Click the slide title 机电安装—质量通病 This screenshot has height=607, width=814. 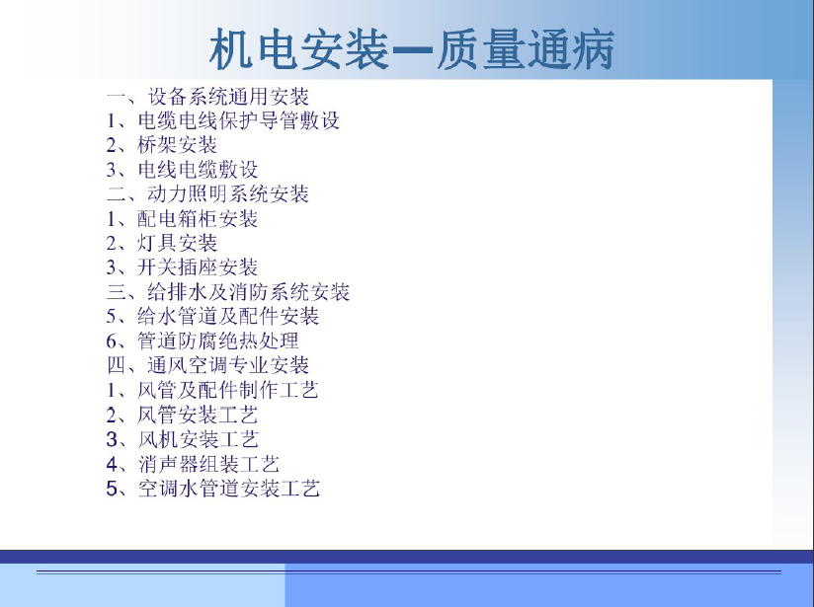pyautogui.click(x=412, y=49)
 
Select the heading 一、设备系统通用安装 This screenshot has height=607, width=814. pyautogui.click(x=207, y=97)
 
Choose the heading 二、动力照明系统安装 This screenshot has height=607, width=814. pyautogui.click(x=207, y=194)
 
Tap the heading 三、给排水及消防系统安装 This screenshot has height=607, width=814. pyautogui.click(x=228, y=292)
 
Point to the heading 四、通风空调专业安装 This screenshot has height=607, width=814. pyautogui.click(x=207, y=365)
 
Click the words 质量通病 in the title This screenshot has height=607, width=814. pyautogui.click(x=526, y=49)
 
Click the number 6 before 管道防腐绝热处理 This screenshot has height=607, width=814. pyautogui.click(x=113, y=341)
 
